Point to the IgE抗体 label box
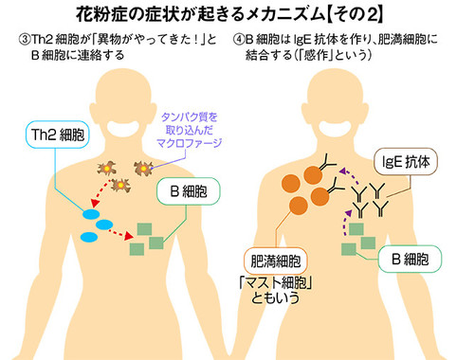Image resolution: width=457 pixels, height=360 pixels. pyautogui.click(x=408, y=162)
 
